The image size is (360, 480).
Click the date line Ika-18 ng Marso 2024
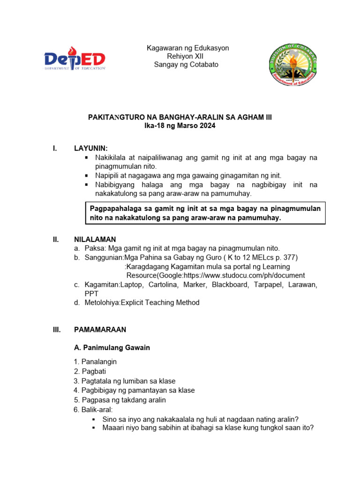click(180, 126)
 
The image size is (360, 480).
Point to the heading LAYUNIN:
click(91, 149)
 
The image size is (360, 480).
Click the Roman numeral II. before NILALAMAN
click(56, 240)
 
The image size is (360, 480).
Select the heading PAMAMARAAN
click(100, 330)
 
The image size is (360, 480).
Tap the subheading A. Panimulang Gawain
click(112, 348)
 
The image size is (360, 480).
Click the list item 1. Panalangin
click(95, 362)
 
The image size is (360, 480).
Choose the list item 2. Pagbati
click(90, 371)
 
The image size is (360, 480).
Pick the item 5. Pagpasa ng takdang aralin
click(120, 400)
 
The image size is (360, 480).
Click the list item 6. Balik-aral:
click(93, 410)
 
